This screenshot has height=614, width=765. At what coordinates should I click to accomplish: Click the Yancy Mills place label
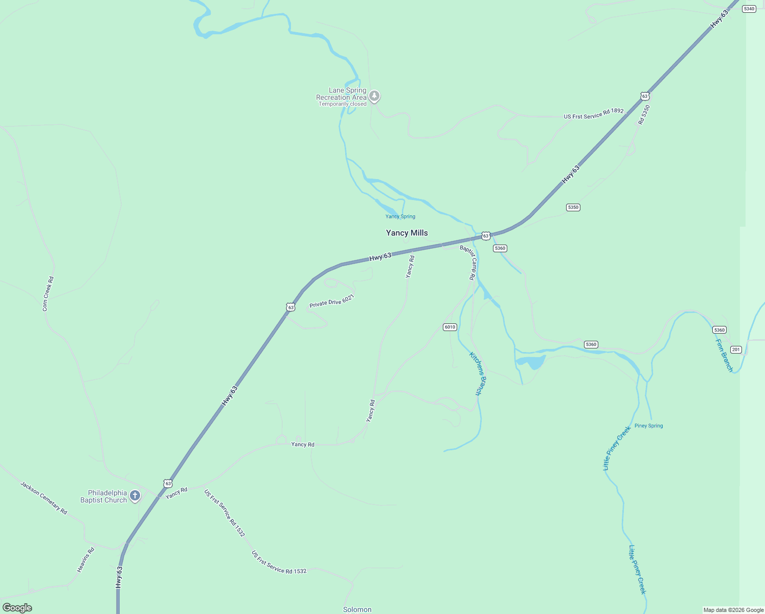coord(407,233)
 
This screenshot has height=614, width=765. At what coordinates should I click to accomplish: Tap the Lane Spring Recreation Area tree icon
coord(374,96)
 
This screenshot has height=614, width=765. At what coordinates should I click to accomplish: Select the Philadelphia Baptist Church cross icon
coord(135,495)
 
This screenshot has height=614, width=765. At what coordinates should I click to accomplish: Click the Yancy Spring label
coord(400,216)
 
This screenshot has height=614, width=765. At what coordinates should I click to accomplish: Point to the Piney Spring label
coord(648,426)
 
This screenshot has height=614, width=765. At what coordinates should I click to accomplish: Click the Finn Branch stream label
coord(724,356)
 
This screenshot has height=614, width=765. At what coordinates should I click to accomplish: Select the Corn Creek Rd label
coord(48,294)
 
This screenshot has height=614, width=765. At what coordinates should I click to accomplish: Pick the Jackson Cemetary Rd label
coord(44,498)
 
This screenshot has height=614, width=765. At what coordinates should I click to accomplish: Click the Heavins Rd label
coord(86,560)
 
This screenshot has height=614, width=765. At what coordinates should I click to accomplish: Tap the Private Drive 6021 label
coord(332,301)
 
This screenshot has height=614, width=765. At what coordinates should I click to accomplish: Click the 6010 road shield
coord(449,327)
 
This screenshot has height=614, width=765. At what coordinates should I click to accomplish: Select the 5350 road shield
coord(573,207)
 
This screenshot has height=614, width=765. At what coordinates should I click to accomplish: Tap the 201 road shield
coord(736,349)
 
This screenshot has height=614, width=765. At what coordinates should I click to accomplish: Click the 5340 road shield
coord(749,9)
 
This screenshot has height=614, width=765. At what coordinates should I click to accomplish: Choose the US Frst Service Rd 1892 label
coord(594,114)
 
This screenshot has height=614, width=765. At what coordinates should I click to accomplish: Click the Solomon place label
coord(357,609)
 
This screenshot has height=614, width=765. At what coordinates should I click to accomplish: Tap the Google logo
coord(17,608)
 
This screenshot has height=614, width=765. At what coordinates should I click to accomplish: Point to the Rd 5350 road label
coord(644,115)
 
